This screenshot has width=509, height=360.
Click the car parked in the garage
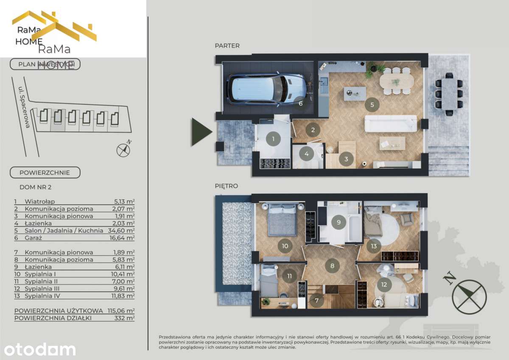266,89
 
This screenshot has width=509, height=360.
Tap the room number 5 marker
372,104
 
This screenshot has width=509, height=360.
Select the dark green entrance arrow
201,132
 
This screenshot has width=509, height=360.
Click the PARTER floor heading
227,46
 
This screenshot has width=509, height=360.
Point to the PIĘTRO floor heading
226,186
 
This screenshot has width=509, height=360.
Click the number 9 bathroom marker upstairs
338,222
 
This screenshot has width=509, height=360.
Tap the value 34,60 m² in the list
122,230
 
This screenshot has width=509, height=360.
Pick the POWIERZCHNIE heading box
45,173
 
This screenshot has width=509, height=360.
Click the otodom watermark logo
40,349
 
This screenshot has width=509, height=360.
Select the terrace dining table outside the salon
449,94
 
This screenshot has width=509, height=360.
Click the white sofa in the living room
391,123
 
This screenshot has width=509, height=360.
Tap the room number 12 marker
384,285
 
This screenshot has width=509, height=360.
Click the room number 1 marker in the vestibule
273,139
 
